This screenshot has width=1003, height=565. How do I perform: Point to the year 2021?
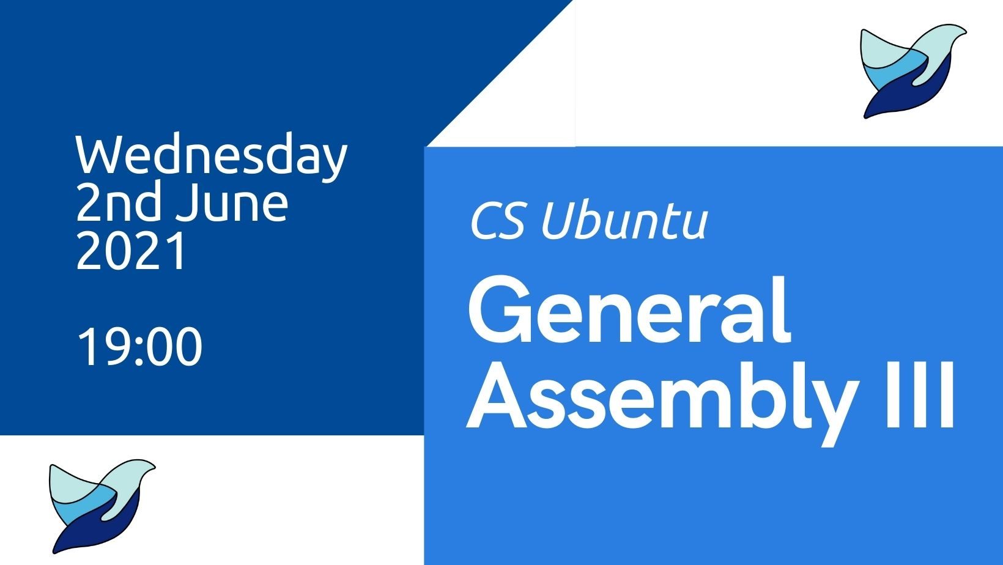(x=131, y=251)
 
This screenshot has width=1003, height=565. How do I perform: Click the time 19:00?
(x=139, y=347)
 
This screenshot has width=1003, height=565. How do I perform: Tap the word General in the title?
(x=629, y=310)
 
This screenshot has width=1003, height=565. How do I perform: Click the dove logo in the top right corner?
(x=912, y=71)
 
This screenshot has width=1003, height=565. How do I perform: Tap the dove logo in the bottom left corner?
(x=102, y=506)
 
